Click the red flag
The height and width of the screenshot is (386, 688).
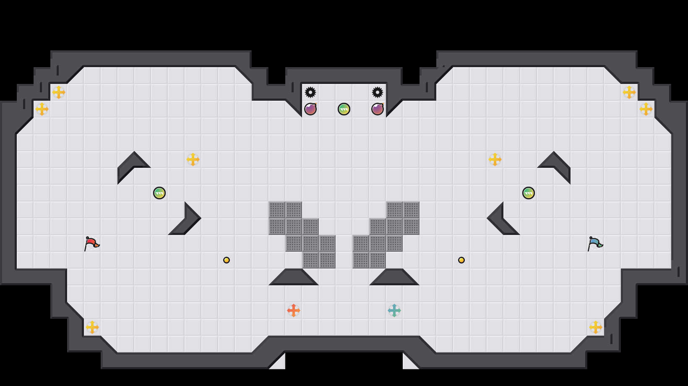tap(91, 243)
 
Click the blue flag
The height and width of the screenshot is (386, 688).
tap(595, 243)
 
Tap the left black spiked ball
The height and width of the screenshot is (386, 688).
tap(310, 92)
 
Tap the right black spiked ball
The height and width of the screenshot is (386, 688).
tap(378, 92)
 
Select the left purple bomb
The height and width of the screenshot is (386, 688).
tap(310, 109)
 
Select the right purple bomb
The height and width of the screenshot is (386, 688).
tap(378, 109)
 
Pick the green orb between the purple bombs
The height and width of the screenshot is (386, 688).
tap(344, 109)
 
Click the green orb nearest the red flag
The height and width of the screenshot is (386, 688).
tap(159, 193)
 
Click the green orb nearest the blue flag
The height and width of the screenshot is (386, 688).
tap(529, 193)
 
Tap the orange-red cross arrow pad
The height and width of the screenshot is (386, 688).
tap(294, 310)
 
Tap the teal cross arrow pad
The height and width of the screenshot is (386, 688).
tap(394, 310)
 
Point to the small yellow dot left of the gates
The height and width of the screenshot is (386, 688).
tap(227, 260)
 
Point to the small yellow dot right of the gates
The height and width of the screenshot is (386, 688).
tap(461, 260)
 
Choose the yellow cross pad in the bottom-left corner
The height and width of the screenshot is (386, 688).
tap(92, 327)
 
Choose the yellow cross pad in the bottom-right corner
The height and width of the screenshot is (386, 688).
tap(596, 327)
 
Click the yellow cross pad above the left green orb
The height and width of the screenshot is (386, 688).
tap(193, 159)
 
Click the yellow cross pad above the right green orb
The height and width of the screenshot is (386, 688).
tap(495, 159)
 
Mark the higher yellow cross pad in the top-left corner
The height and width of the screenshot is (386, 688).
tap(59, 92)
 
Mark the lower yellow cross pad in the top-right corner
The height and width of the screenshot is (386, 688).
tap(646, 109)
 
